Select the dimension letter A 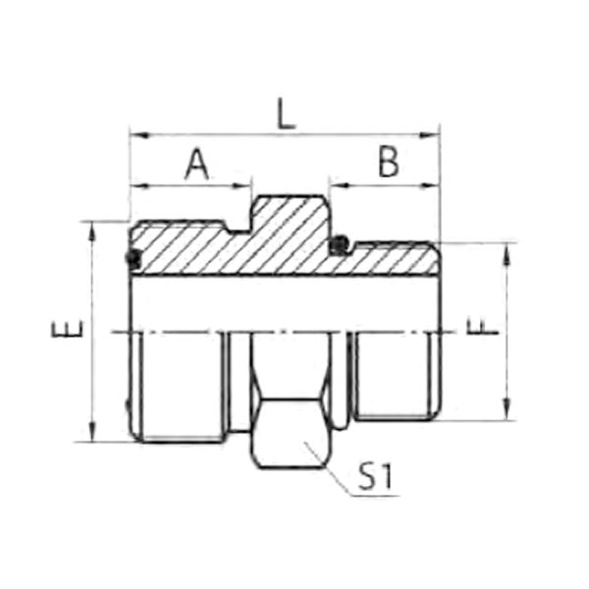pos(197,164)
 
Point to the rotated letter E pos(67,328)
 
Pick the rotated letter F pos(482,326)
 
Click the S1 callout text pos(375,477)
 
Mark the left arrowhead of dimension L pos(139,134)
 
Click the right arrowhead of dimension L pos(429,134)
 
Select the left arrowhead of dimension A pos(139,186)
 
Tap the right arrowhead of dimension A pos(241,186)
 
